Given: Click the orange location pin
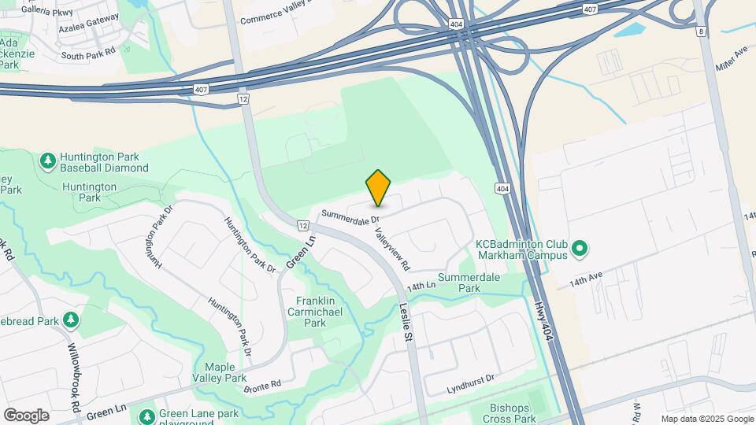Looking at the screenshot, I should tap(378, 188).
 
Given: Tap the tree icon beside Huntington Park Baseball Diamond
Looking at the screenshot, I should tap(48, 161).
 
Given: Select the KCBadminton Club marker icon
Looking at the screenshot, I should tap(580, 250).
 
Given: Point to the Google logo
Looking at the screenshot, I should tap(26, 416).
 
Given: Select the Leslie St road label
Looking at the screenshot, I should tap(406, 323).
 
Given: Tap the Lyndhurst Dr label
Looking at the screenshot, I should tap(469, 379).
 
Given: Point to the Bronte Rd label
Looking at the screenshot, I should tap(262, 387).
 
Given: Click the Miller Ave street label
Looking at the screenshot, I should tap(731, 57).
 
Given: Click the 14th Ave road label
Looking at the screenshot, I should tap(586, 278).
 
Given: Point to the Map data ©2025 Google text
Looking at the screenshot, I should tap(707, 419).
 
